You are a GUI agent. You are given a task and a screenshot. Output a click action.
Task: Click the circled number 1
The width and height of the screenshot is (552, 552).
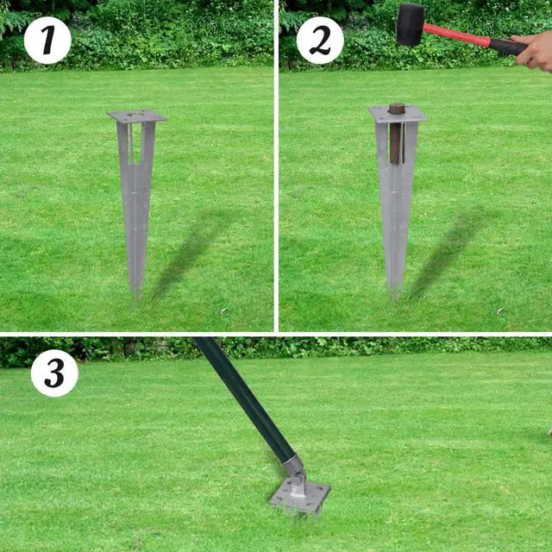[47, 40]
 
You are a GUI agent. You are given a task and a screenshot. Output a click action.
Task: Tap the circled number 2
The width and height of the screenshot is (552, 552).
[320, 40]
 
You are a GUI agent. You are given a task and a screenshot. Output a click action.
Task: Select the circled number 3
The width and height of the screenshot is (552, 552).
[54, 373]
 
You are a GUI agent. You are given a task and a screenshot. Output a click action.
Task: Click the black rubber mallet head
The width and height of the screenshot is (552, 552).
[410, 23]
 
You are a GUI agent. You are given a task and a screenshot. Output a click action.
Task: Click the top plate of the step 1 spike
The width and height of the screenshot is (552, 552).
[136, 116]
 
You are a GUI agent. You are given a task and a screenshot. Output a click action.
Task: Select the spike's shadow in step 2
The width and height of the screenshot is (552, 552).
[448, 250]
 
